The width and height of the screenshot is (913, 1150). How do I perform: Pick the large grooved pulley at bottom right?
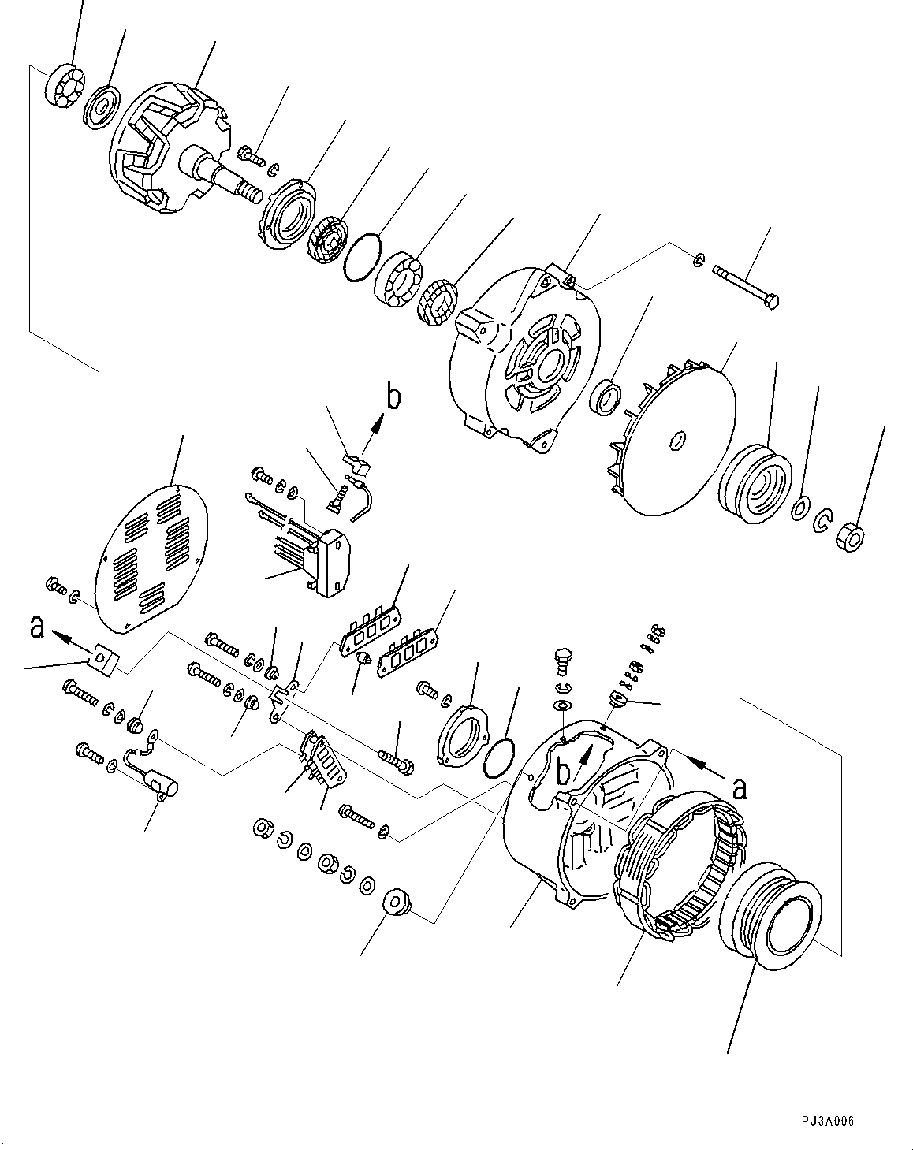pyautogui.click(x=773, y=922)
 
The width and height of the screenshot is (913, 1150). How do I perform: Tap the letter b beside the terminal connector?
pyautogui.click(x=392, y=398)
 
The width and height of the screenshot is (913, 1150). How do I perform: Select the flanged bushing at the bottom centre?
pyautogui.click(x=396, y=903)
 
